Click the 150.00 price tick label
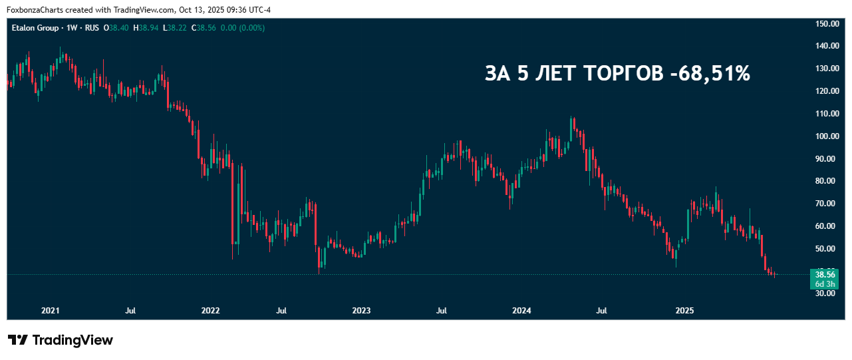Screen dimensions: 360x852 point(827,24)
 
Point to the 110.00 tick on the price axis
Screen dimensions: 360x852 point(827,114)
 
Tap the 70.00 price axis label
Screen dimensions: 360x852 point(827,204)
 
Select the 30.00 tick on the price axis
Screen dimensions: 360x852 point(827,293)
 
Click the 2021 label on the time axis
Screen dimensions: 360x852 point(51,311)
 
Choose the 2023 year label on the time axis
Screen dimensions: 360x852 point(361,311)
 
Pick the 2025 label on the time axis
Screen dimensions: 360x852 point(684,311)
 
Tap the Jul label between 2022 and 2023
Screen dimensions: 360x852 point(282,311)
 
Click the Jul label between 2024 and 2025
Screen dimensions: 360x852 point(602,311)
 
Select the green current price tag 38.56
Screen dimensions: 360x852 point(825,274)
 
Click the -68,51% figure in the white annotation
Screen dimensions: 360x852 point(710,74)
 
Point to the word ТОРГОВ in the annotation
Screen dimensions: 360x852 point(623,74)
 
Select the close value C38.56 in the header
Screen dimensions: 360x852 point(204,28)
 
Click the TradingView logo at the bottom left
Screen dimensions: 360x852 point(61,340)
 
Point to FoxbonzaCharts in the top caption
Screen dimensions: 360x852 point(34,9)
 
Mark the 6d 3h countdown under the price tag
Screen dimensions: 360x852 point(825,284)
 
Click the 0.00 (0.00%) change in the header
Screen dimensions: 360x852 point(243,28)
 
